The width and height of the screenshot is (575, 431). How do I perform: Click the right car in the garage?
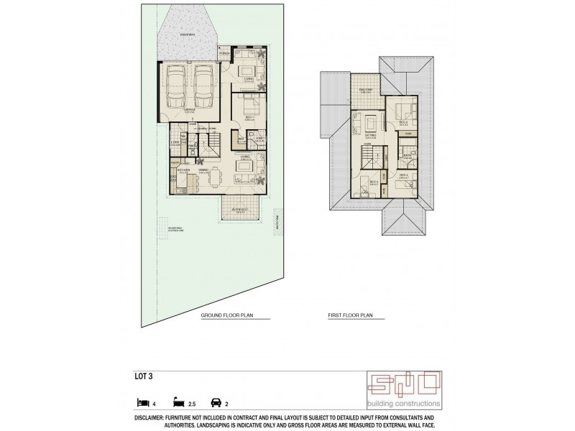pos(202,88)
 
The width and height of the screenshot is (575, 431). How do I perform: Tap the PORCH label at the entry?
pos(224,54)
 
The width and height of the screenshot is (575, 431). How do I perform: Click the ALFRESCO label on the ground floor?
pos(239,209)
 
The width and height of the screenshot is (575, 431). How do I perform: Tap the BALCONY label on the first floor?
pos(364,91)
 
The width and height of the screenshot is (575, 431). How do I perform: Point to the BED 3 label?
pos(374,182)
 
